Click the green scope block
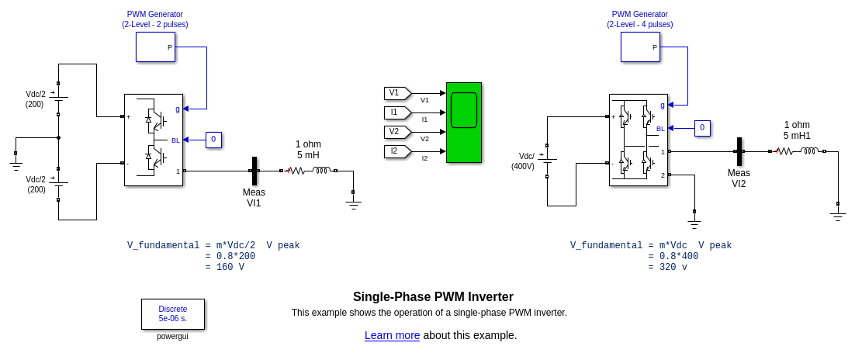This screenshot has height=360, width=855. (463, 122)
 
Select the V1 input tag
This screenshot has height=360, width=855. (396, 93)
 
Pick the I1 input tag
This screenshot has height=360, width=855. (396, 112)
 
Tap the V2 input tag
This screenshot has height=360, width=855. (396, 132)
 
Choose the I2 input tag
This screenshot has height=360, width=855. (396, 151)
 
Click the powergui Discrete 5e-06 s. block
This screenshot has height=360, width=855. (172, 313)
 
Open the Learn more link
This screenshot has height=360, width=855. (392, 335)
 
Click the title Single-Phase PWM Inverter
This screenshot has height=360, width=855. (433, 296)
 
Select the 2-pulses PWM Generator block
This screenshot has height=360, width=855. (155, 47)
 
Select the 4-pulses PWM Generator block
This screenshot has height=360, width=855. (640, 47)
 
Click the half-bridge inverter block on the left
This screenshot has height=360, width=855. (154, 140)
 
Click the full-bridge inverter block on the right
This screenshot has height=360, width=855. (638, 140)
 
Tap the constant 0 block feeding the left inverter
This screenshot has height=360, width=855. (213, 140)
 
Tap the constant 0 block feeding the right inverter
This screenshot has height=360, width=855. (701, 127)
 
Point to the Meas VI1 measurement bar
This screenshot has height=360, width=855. (254, 171)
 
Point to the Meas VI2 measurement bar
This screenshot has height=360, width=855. (739, 151)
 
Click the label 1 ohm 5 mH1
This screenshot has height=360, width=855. (797, 130)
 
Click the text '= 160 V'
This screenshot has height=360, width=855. (225, 267)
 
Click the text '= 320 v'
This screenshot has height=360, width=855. (667, 267)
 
